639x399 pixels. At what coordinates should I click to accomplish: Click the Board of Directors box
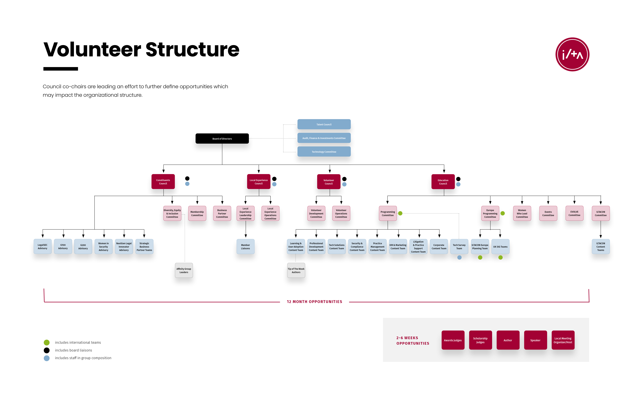(222, 139)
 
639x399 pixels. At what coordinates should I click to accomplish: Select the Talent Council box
(324, 124)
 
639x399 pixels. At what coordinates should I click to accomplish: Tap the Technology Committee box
(324, 152)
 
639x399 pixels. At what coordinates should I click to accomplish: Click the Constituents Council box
(163, 182)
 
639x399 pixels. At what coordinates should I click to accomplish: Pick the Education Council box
(443, 182)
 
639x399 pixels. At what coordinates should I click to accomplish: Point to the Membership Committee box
(197, 213)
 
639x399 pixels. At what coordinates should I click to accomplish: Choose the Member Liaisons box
(245, 246)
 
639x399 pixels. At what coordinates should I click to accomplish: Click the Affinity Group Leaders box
(184, 270)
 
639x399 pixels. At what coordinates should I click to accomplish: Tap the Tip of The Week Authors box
(296, 270)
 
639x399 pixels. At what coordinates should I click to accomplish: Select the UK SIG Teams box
(500, 246)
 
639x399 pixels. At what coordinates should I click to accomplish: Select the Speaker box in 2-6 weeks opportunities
(535, 340)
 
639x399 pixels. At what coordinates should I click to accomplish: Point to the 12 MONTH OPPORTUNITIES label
(314, 302)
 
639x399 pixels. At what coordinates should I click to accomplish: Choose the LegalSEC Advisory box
(43, 246)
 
